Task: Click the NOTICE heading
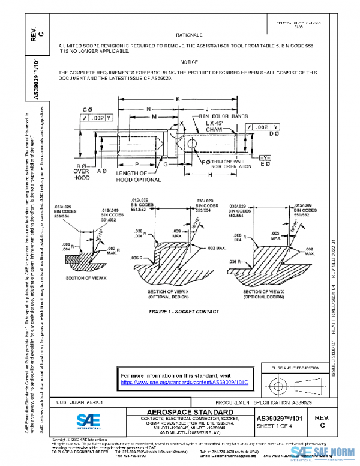tap(190, 62)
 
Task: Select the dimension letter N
tap(148, 109)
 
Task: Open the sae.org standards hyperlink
tap(184, 382)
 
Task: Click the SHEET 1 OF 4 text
tap(277, 426)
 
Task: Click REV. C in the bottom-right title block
tap(322, 420)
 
